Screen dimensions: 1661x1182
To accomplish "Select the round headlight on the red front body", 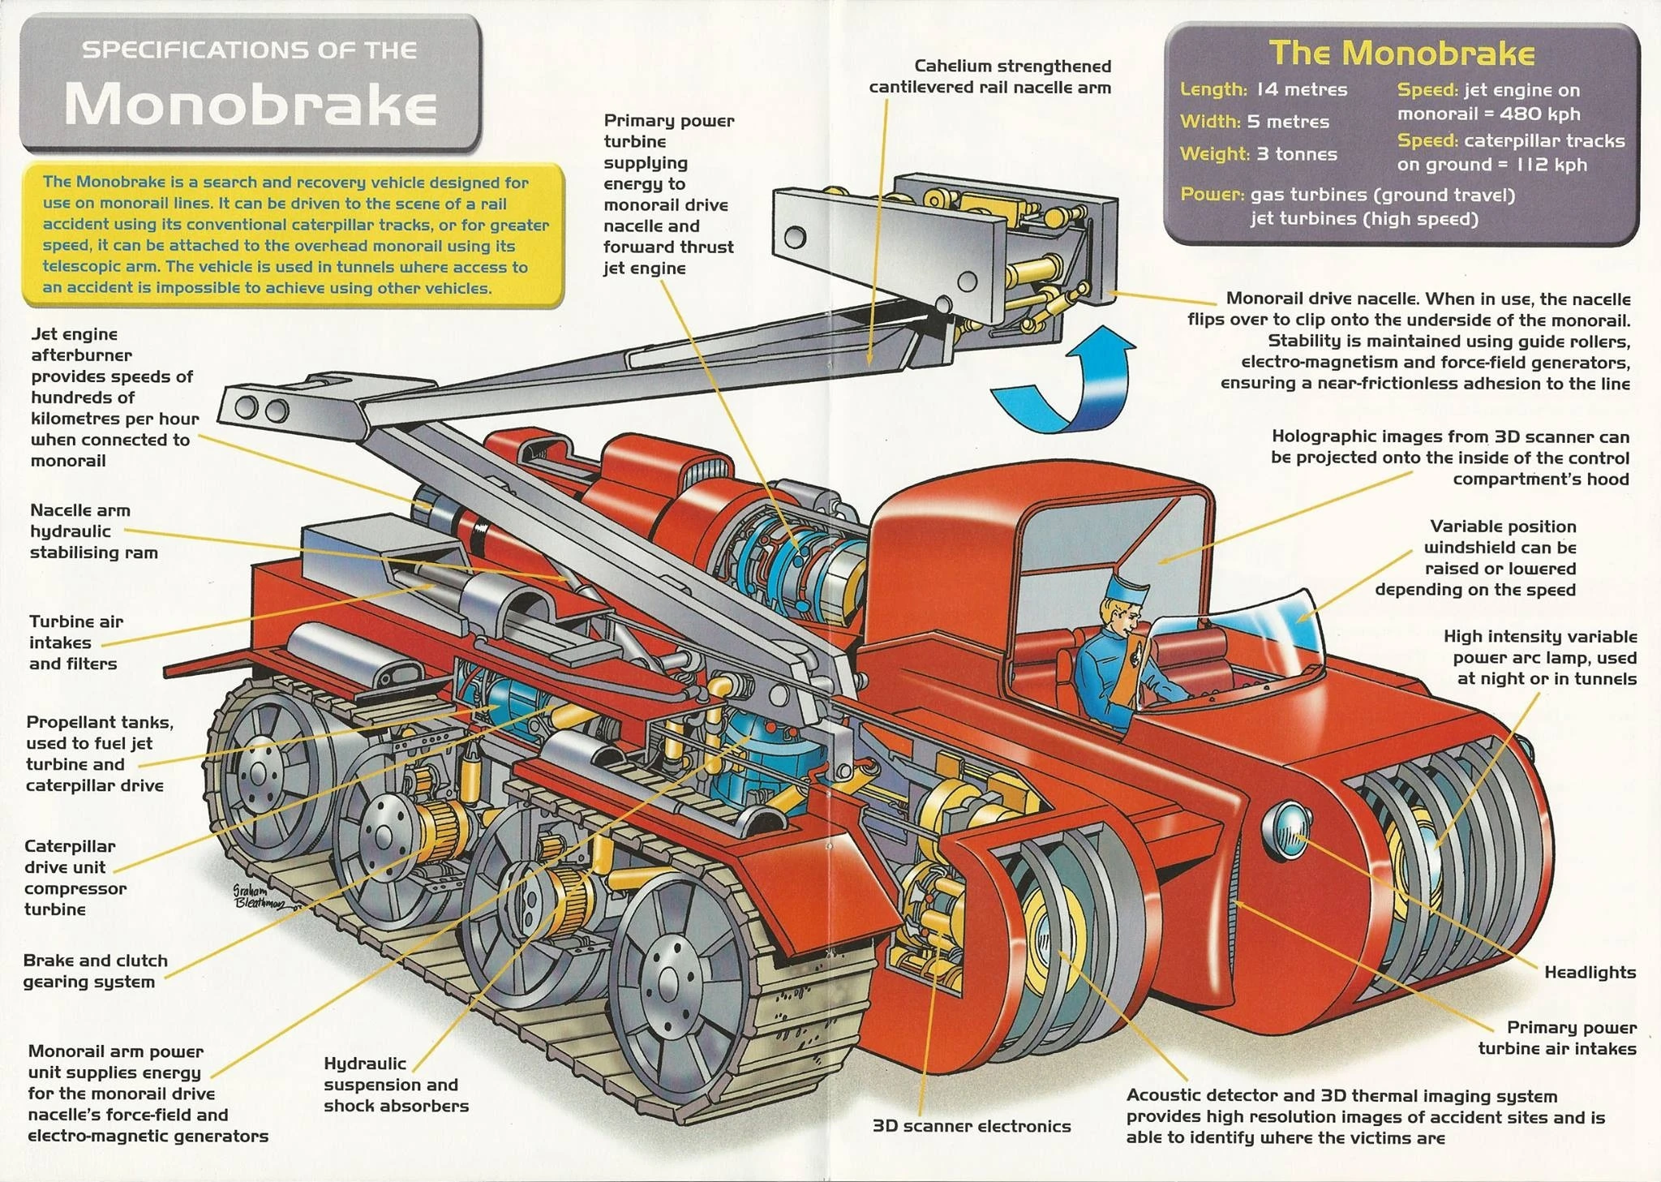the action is pyautogui.click(x=1285, y=831).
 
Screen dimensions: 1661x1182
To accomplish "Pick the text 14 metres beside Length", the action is pyautogui.click(x=1302, y=89).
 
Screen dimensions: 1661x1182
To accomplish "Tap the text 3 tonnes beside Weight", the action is pyautogui.click(x=1297, y=153).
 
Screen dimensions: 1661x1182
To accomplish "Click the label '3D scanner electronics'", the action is pyautogui.click(x=972, y=1126).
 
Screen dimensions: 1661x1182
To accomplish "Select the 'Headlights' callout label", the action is pyautogui.click(x=1590, y=972).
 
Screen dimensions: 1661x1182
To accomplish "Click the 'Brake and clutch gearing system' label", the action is pyautogui.click(x=95, y=971).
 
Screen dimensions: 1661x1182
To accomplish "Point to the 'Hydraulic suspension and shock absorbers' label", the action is pyautogui.click(x=397, y=1085).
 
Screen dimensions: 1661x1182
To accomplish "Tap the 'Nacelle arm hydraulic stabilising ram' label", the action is pyautogui.click(x=93, y=531).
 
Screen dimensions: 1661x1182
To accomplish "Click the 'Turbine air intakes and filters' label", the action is pyautogui.click(x=76, y=643).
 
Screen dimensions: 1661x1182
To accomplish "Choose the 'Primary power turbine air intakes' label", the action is pyautogui.click(x=1557, y=1038).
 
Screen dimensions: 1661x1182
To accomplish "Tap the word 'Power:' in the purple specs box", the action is pyautogui.click(x=1212, y=195).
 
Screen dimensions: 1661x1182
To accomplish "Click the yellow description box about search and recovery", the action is pyautogui.click(x=293, y=235).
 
